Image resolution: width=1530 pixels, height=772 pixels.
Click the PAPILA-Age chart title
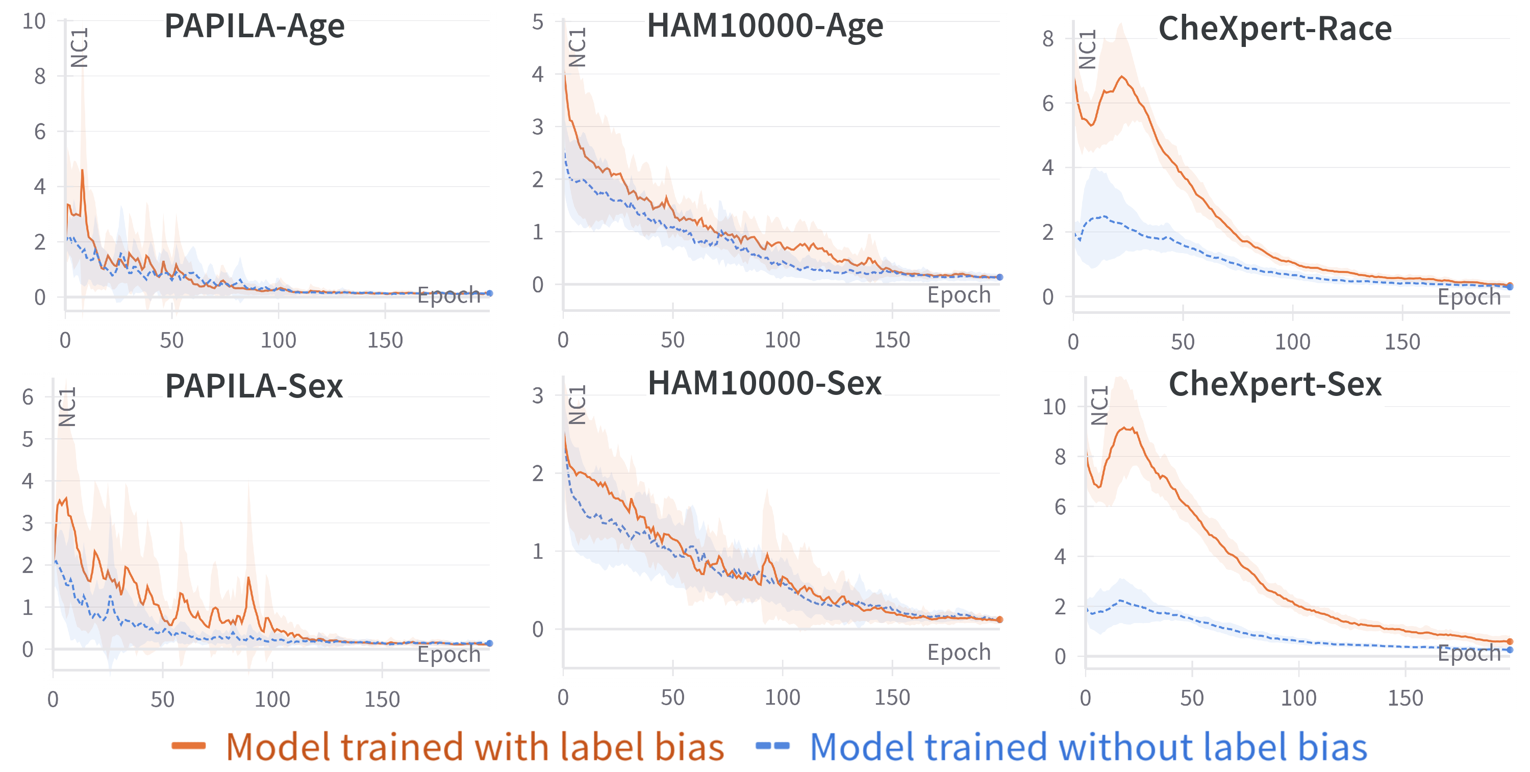coord(254,26)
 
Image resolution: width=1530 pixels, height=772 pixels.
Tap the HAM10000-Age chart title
coord(765,26)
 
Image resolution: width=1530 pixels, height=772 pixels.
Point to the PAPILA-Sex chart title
coord(254,386)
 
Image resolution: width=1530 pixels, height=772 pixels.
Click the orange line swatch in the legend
coord(188,746)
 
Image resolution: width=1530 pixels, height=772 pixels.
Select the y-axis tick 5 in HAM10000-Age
coord(538,22)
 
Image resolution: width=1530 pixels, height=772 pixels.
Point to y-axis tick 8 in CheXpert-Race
coord(1048,39)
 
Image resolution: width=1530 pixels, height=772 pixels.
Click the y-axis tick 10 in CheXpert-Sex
coord(1054,407)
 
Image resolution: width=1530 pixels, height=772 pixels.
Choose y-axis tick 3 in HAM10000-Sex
coord(538,395)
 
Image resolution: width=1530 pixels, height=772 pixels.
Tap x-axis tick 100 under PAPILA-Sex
coord(272,700)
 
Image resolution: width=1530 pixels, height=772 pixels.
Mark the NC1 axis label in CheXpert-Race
coord(1087,49)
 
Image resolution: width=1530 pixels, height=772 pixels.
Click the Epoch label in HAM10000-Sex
coord(959,652)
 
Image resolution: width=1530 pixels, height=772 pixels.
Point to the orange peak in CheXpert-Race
coord(1122,77)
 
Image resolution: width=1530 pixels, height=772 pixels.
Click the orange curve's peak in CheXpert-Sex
coord(1127,428)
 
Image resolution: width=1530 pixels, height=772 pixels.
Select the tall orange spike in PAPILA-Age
coord(83,170)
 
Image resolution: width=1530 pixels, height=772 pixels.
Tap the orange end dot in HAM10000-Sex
coord(999,619)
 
